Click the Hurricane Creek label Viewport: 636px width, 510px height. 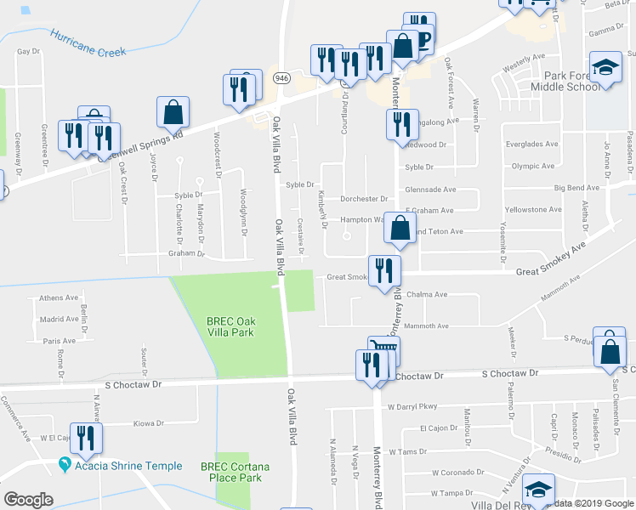[x=88, y=44]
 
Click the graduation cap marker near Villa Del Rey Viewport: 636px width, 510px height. [x=538, y=490]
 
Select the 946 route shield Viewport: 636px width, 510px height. [x=281, y=77]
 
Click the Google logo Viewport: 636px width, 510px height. [x=28, y=500]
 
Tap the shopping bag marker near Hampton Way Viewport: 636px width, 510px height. [x=400, y=227]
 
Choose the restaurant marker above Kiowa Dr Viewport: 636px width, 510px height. [x=85, y=438]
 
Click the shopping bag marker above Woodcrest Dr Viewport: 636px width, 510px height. [x=173, y=111]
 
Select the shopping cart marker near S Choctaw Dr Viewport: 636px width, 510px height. [x=384, y=348]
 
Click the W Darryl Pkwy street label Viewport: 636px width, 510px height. [x=417, y=406]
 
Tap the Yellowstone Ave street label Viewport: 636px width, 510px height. [x=533, y=209]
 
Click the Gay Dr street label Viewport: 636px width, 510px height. [x=29, y=52]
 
